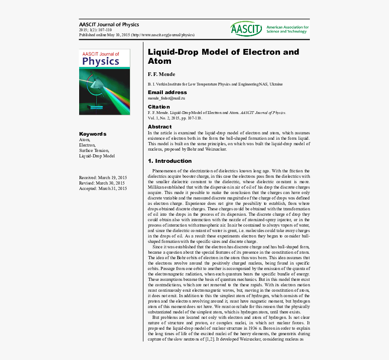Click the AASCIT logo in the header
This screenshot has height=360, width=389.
point(246,29)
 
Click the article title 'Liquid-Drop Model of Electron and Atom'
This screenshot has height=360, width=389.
point(223,57)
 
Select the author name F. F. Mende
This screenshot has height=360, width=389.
point(161,74)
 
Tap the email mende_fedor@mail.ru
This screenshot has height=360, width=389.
point(166,98)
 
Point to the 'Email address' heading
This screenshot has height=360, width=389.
point(167,92)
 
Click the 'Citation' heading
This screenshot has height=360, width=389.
point(159,107)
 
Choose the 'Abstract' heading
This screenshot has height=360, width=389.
point(160,127)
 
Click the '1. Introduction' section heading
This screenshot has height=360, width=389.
point(170,161)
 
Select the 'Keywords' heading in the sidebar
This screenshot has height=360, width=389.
point(93,134)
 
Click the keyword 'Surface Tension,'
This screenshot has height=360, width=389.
point(94,150)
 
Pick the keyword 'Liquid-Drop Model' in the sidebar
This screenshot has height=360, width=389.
point(97,156)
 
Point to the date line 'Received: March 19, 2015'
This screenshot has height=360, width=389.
point(103,177)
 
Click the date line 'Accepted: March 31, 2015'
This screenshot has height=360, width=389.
point(103,188)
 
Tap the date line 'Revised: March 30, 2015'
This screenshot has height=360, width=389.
point(102,183)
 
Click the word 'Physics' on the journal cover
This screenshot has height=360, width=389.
point(101,61)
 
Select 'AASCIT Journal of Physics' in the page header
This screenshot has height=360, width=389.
point(109,24)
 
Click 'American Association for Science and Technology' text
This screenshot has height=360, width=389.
point(287,29)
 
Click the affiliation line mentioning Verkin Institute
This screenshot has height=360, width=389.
point(215,84)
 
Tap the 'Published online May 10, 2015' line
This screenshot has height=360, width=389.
point(137,34)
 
